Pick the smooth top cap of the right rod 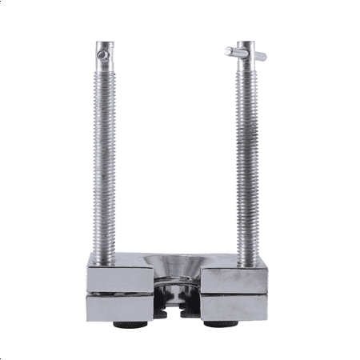(246, 46)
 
